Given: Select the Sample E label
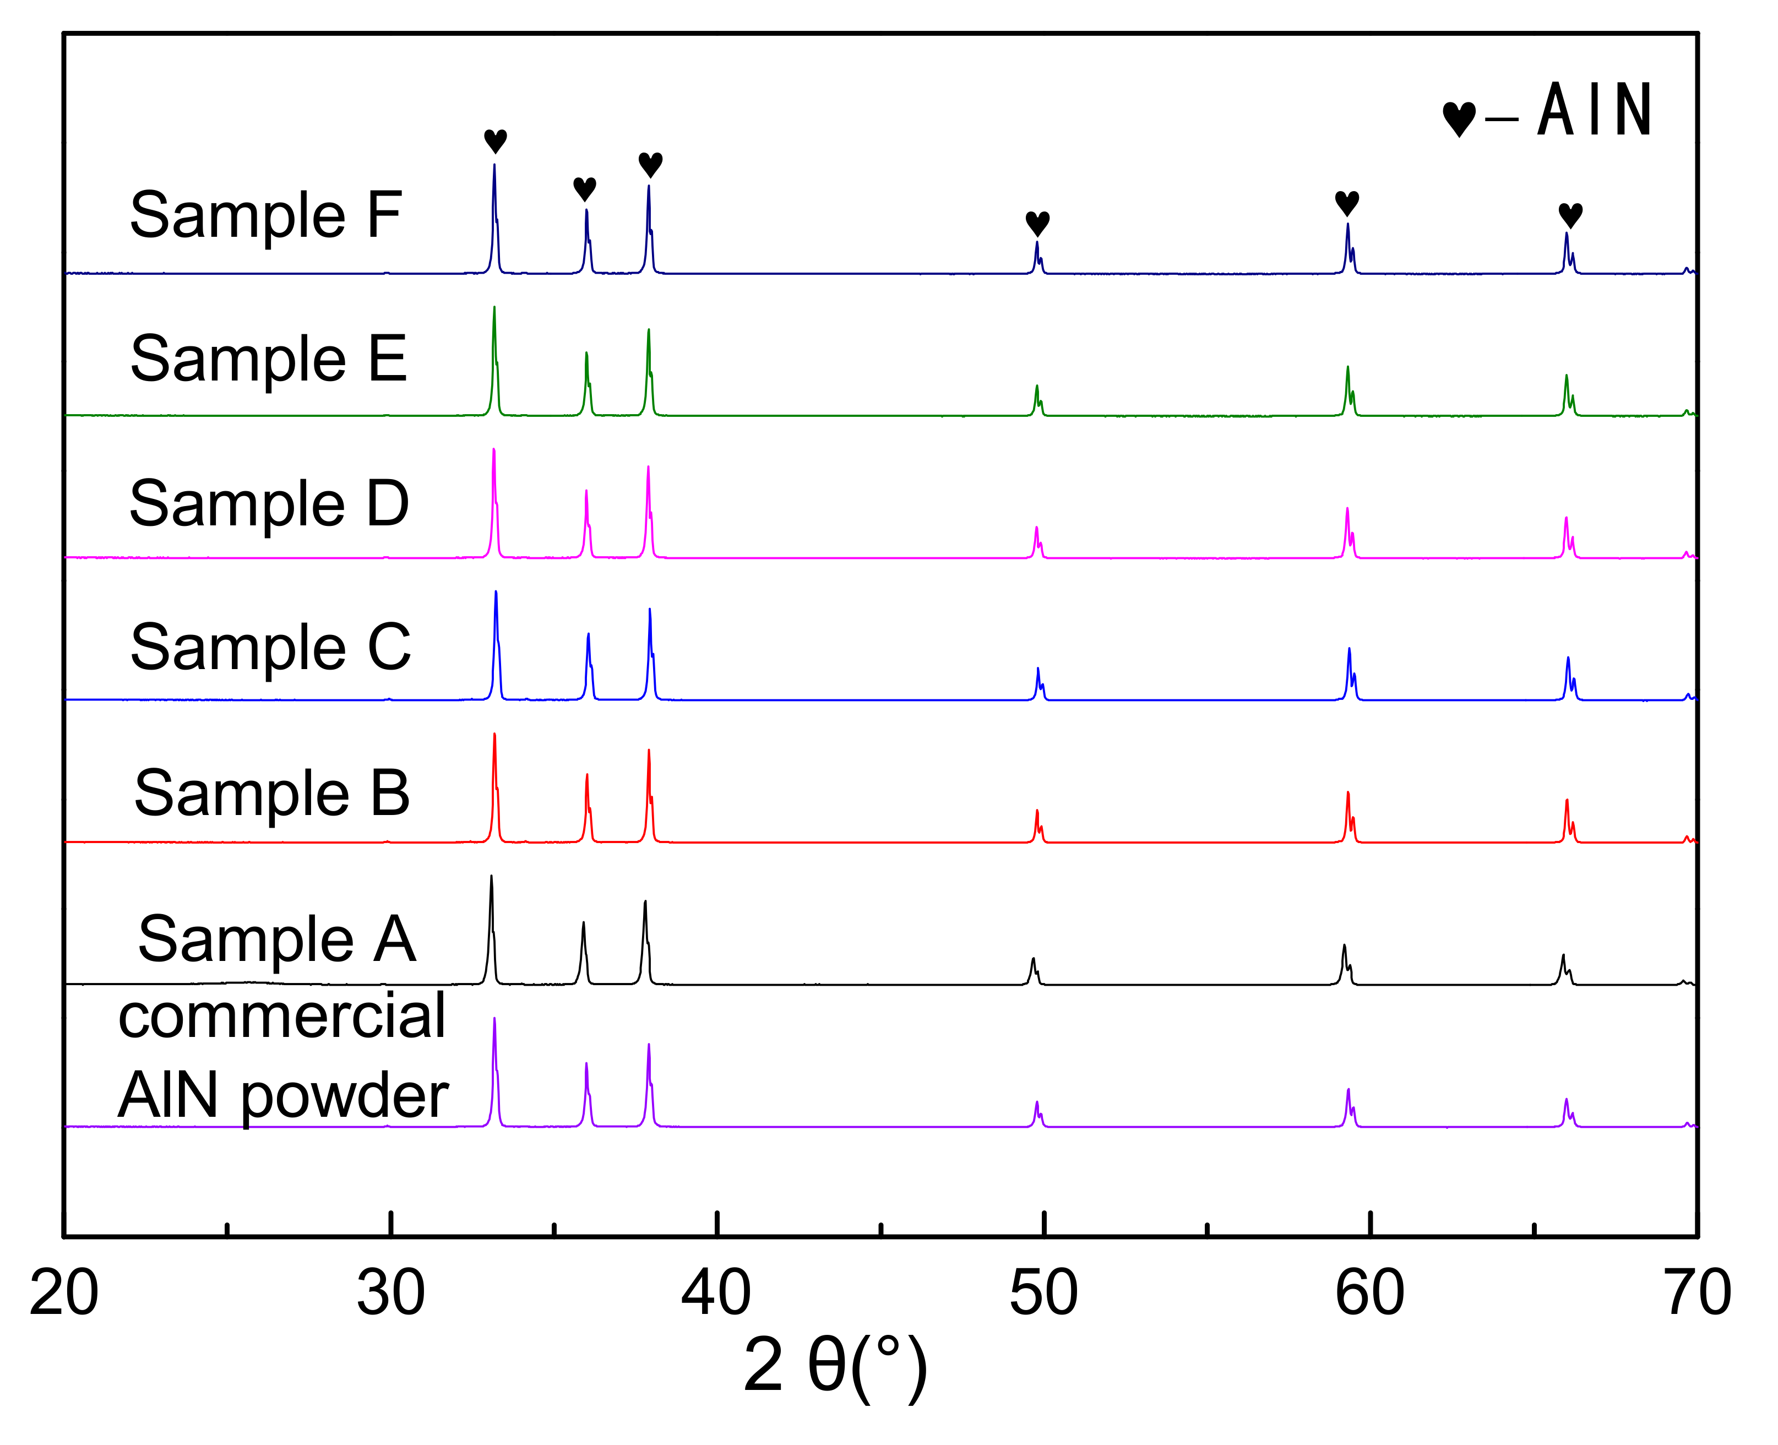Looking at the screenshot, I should pyautogui.click(x=268, y=358).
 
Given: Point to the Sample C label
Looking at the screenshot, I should pyautogui.click(x=270, y=648).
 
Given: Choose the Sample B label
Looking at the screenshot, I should pyautogui.click(x=271, y=793).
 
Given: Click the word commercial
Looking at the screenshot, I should pyautogui.click(x=282, y=1017).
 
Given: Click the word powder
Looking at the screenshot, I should pyautogui.click(x=345, y=1096).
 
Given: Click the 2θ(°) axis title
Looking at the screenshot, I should pyautogui.click(x=835, y=1366).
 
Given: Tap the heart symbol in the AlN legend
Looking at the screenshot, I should pyautogui.click(x=1459, y=119).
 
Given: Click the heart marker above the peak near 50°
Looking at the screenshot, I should pyautogui.click(x=1037, y=223).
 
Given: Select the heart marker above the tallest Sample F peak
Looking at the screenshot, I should pyautogui.click(x=495, y=140).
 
